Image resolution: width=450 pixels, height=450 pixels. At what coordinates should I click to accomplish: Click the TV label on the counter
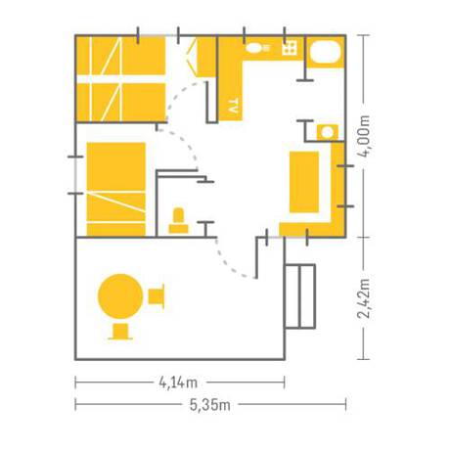coord(233,106)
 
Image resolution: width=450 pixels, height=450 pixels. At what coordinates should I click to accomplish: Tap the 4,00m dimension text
coord(364,136)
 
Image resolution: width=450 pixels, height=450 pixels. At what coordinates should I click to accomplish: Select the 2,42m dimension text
coord(364,298)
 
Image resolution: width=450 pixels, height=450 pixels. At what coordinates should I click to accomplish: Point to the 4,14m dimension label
coord(178,382)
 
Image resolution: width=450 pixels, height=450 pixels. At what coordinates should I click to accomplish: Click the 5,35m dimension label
coord(210,405)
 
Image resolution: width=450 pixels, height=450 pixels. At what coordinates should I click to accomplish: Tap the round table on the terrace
coord(120,296)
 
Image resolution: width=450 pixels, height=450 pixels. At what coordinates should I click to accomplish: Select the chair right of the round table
coord(157,296)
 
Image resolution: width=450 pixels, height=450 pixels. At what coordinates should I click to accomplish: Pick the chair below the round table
coord(120,332)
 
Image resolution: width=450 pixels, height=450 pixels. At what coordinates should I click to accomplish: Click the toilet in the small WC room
coord(178,221)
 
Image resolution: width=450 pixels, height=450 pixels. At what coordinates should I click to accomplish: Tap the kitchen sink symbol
coord(257,48)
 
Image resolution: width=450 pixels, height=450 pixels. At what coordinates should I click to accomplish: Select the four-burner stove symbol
coord(290,48)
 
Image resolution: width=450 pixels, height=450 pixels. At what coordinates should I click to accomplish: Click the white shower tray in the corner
coord(325,52)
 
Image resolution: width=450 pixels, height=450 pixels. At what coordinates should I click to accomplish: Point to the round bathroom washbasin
coord(328,133)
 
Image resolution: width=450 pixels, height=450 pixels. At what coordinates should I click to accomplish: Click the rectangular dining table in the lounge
coord(304,182)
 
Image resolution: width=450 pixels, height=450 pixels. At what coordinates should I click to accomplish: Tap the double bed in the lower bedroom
coord(116,189)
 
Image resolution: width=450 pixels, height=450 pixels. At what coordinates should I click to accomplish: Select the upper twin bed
coord(120,56)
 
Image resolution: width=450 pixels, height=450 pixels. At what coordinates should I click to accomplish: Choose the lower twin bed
coord(120,102)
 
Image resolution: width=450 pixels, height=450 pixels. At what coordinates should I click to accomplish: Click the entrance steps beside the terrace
coord(300,296)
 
